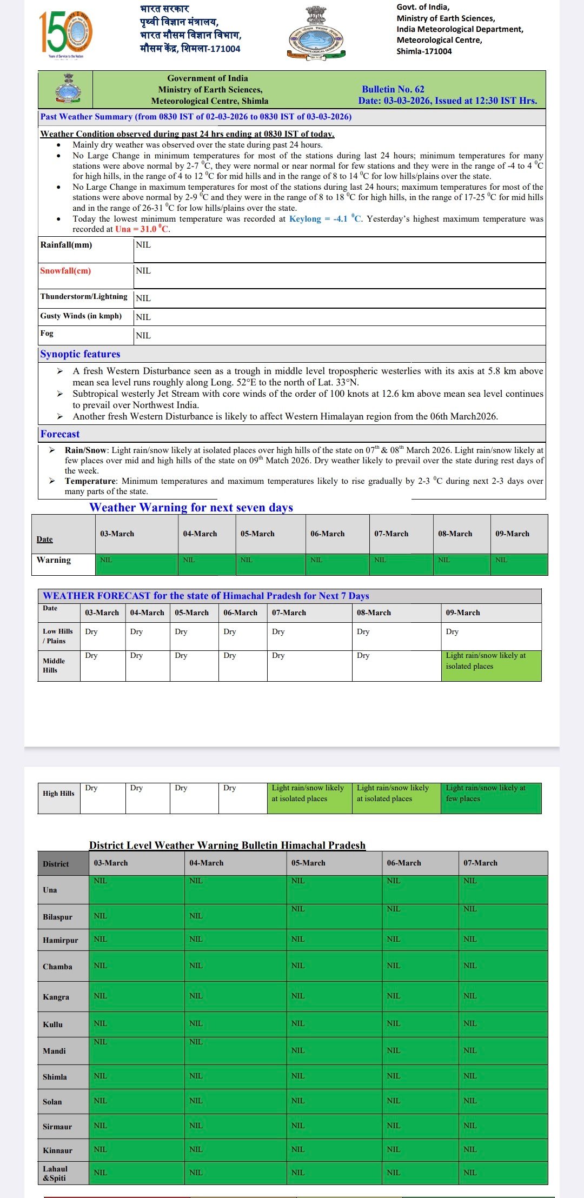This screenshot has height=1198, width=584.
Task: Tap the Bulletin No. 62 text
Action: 393,89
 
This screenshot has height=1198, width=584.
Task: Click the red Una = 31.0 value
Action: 142,229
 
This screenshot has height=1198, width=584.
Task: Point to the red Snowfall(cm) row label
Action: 65,271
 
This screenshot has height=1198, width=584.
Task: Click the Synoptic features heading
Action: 80,354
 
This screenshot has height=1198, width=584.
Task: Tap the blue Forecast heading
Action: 60,434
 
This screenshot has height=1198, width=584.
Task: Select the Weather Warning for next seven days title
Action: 191,508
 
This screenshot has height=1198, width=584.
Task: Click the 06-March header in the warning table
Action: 327,534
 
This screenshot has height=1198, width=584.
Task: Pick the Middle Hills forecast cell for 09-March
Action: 490,665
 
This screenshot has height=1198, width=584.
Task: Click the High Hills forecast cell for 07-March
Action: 309,797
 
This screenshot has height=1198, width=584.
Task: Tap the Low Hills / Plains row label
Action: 58,636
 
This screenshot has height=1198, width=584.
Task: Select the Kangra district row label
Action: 56,997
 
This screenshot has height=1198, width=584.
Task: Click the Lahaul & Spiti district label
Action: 55,1173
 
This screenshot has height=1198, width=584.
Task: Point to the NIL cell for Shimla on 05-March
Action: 298,1076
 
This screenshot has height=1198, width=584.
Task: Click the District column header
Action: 56,864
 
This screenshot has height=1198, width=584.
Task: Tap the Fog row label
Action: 47,334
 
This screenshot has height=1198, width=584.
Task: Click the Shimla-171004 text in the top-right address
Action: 424,51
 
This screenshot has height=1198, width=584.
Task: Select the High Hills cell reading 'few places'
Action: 490,797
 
